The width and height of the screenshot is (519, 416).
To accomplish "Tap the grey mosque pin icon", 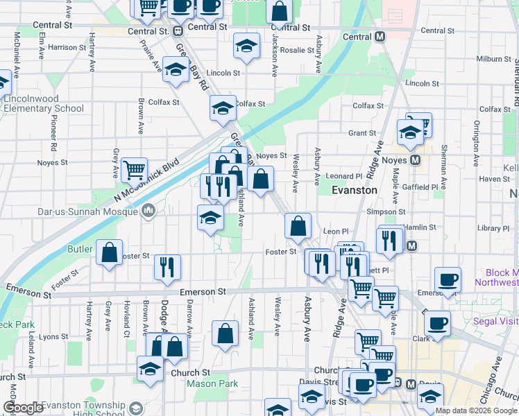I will coord(148,210).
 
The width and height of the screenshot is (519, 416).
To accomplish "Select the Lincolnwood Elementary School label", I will coord(43,103).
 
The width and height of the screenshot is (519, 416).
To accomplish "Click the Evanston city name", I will coord(354,190).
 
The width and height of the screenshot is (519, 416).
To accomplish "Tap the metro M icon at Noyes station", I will coord(415,160).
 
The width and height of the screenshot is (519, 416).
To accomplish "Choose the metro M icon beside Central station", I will coord(380,37).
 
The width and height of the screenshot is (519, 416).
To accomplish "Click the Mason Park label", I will coord(212,383).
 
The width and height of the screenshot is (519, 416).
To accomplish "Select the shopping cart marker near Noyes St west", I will coord(133,168).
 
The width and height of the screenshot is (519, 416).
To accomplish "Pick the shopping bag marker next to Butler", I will coord(110,252).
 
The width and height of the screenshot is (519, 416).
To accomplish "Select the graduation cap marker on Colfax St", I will coord(223,107).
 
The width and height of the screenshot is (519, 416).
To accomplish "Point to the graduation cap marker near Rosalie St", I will coord(246,45).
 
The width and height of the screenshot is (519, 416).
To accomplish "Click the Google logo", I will coord(22,408).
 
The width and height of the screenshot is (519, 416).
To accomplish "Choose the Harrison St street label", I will coord(67,47).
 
